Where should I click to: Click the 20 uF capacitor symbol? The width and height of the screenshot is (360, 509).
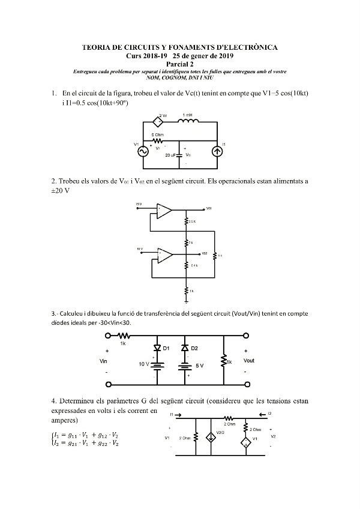180,155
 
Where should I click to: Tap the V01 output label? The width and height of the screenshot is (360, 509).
208,209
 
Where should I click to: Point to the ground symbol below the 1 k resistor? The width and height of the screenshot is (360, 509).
188,302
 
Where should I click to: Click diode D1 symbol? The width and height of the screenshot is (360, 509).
158,349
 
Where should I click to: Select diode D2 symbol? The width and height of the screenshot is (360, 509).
185,349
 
